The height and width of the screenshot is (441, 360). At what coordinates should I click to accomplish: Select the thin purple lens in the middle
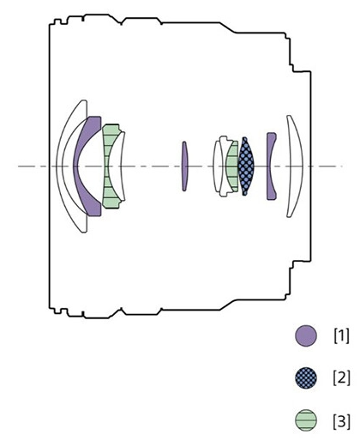coord(185,166)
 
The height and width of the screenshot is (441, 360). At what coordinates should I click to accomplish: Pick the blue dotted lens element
coord(246,166)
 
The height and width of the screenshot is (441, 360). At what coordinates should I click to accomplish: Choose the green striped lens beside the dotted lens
coord(232,166)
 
